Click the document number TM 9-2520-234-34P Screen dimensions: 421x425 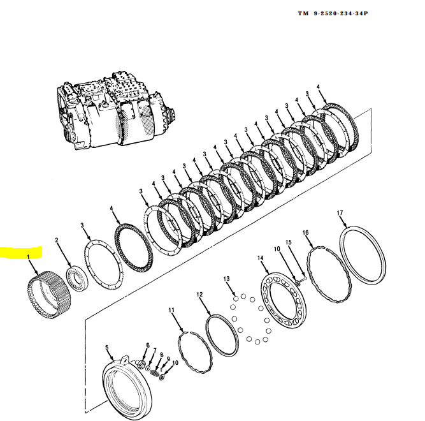(x=333, y=13)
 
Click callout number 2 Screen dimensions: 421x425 (x=57, y=240)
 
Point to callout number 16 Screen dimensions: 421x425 (x=306, y=233)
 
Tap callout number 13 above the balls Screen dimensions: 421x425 (x=226, y=279)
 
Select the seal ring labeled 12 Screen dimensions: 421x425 (x=222, y=334)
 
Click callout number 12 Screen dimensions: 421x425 (x=199, y=295)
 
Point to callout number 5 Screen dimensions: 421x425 (x=107, y=348)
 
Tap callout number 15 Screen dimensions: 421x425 (x=288, y=242)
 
